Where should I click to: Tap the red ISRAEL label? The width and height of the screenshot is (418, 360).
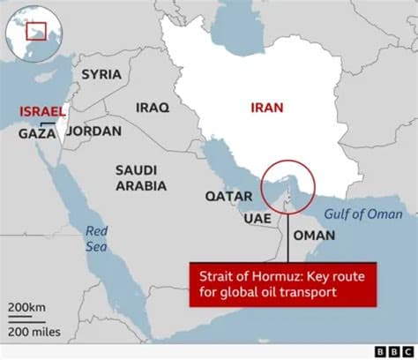pyautogui.click(x=41, y=112)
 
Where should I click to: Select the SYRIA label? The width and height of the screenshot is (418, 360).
pyautogui.click(x=101, y=74)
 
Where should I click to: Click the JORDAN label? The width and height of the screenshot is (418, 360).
pyautogui.click(x=93, y=131)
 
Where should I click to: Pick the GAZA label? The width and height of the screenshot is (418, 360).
pyautogui.click(x=38, y=134)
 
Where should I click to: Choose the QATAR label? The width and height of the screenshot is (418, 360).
pyautogui.click(x=225, y=196)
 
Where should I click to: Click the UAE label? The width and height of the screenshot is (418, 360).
pyautogui.click(x=257, y=218)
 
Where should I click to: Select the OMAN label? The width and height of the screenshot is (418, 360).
pyautogui.click(x=314, y=236)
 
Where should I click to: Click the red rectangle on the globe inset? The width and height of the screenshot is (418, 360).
pyautogui.click(x=35, y=31)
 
